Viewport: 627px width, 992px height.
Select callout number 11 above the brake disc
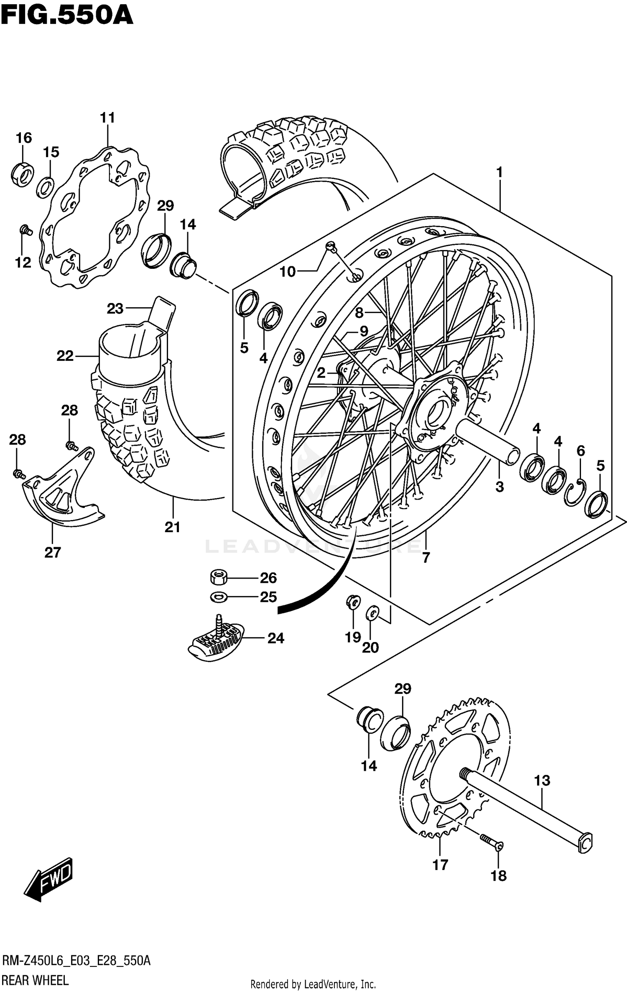pyautogui.click(x=107, y=118)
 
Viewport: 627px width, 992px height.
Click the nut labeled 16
pyautogui.click(x=22, y=173)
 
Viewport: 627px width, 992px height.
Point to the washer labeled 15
pyautogui.click(x=45, y=188)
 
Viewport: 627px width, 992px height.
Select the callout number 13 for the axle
pyautogui.click(x=542, y=780)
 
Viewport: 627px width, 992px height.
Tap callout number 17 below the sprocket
pyautogui.click(x=440, y=864)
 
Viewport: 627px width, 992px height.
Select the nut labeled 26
pyautogui.click(x=218, y=578)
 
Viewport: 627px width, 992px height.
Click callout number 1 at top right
pyautogui.click(x=499, y=172)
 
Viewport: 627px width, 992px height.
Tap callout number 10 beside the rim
pyautogui.click(x=288, y=272)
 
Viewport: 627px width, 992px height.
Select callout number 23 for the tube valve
pyautogui.click(x=115, y=309)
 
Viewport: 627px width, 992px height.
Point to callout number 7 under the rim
pyautogui.click(x=426, y=558)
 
